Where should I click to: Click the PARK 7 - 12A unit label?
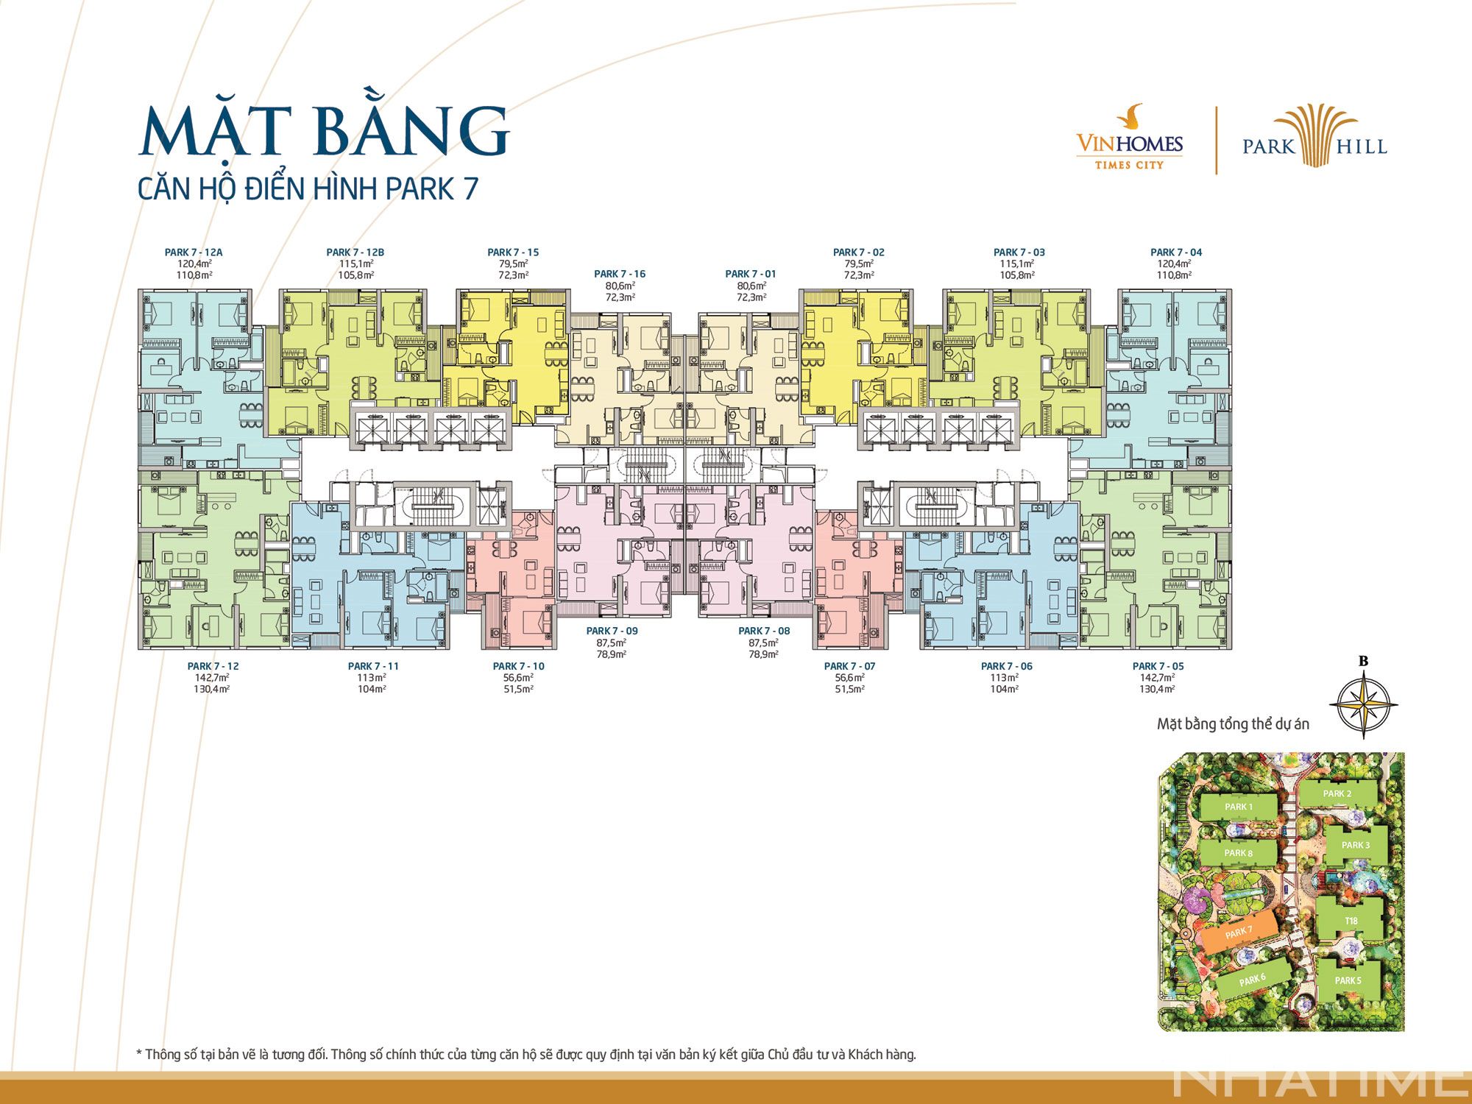click(194, 252)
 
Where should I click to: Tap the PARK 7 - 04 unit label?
click(1176, 252)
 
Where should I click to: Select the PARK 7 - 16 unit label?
click(620, 275)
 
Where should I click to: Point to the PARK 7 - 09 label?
click(612, 631)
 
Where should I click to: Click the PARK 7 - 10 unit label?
click(519, 666)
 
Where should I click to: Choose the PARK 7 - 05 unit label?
click(1158, 666)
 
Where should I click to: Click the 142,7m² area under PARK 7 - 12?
click(213, 678)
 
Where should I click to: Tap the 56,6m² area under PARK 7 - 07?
click(849, 678)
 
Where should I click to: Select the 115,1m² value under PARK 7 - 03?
click(1019, 263)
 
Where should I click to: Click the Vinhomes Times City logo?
click(1129, 140)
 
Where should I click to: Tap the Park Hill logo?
click(1314, 140)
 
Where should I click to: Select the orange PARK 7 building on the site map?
click(1239, 933)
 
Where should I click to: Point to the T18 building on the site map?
click(1351, 921)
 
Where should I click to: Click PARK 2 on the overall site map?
click(1337, 793)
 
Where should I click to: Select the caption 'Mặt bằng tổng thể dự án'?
click(1233, 724)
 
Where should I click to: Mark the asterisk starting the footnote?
click(139, 1053)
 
